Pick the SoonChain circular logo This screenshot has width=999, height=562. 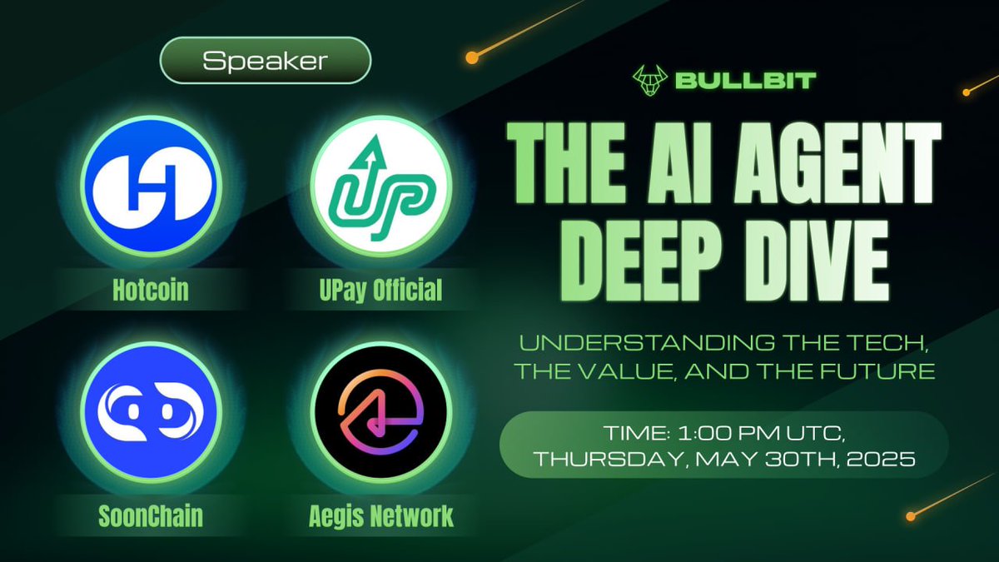(x=150, y=414)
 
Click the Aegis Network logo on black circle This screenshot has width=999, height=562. (x=381, y=414)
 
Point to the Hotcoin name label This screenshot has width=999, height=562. (x=150, y=291)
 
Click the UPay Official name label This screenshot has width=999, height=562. (x=381, y=291)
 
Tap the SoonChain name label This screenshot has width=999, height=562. (x=150, y=516)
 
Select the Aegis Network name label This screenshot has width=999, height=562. (x=381, y=516)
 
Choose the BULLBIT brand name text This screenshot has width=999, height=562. (x=745, y=81)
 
